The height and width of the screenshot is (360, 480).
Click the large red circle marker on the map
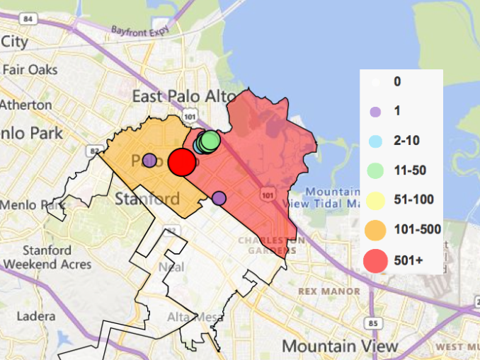tap(182, 162)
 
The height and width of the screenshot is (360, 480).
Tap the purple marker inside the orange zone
tap(149, 161)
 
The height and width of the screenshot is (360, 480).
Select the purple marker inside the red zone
tap(219, 198)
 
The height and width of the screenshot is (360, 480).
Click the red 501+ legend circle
tap(376, 261)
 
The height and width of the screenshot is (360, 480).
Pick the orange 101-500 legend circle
tap(376, 229)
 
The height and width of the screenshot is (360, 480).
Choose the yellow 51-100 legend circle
tap(376, 199)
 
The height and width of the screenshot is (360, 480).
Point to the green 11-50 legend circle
tap(376, 170)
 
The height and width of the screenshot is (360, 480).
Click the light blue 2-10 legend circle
tap(376, 141)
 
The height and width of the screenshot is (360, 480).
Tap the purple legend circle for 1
tap(376, 111)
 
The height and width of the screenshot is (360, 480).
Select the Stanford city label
tap(147, 198)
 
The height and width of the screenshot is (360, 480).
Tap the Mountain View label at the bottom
tap(340, 346)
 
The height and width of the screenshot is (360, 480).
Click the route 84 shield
tap(28, 19)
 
